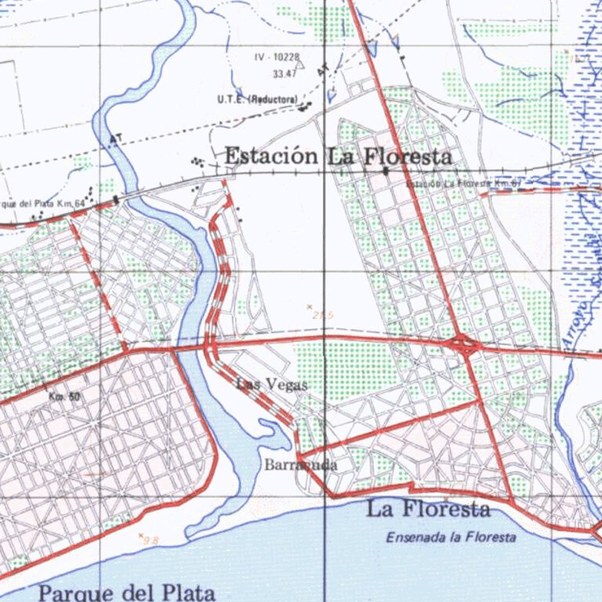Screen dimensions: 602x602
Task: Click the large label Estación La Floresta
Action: pos(339,157)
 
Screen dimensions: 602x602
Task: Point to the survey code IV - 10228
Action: pos(277,58)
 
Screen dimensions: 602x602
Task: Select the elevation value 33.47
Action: pos(284,74)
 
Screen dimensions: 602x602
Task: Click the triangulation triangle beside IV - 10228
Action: pos(241,90)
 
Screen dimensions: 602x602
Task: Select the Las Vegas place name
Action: pos(272,384)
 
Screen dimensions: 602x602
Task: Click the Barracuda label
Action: pos(301,465)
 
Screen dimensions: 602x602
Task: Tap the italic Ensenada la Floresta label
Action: pos(451,538)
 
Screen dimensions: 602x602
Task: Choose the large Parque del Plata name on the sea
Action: pos(126,593)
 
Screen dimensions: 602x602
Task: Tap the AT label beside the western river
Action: pos(117,140)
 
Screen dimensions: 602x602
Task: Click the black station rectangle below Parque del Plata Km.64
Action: pos(116,200)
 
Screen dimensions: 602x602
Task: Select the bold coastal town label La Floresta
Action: pos(429,510)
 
